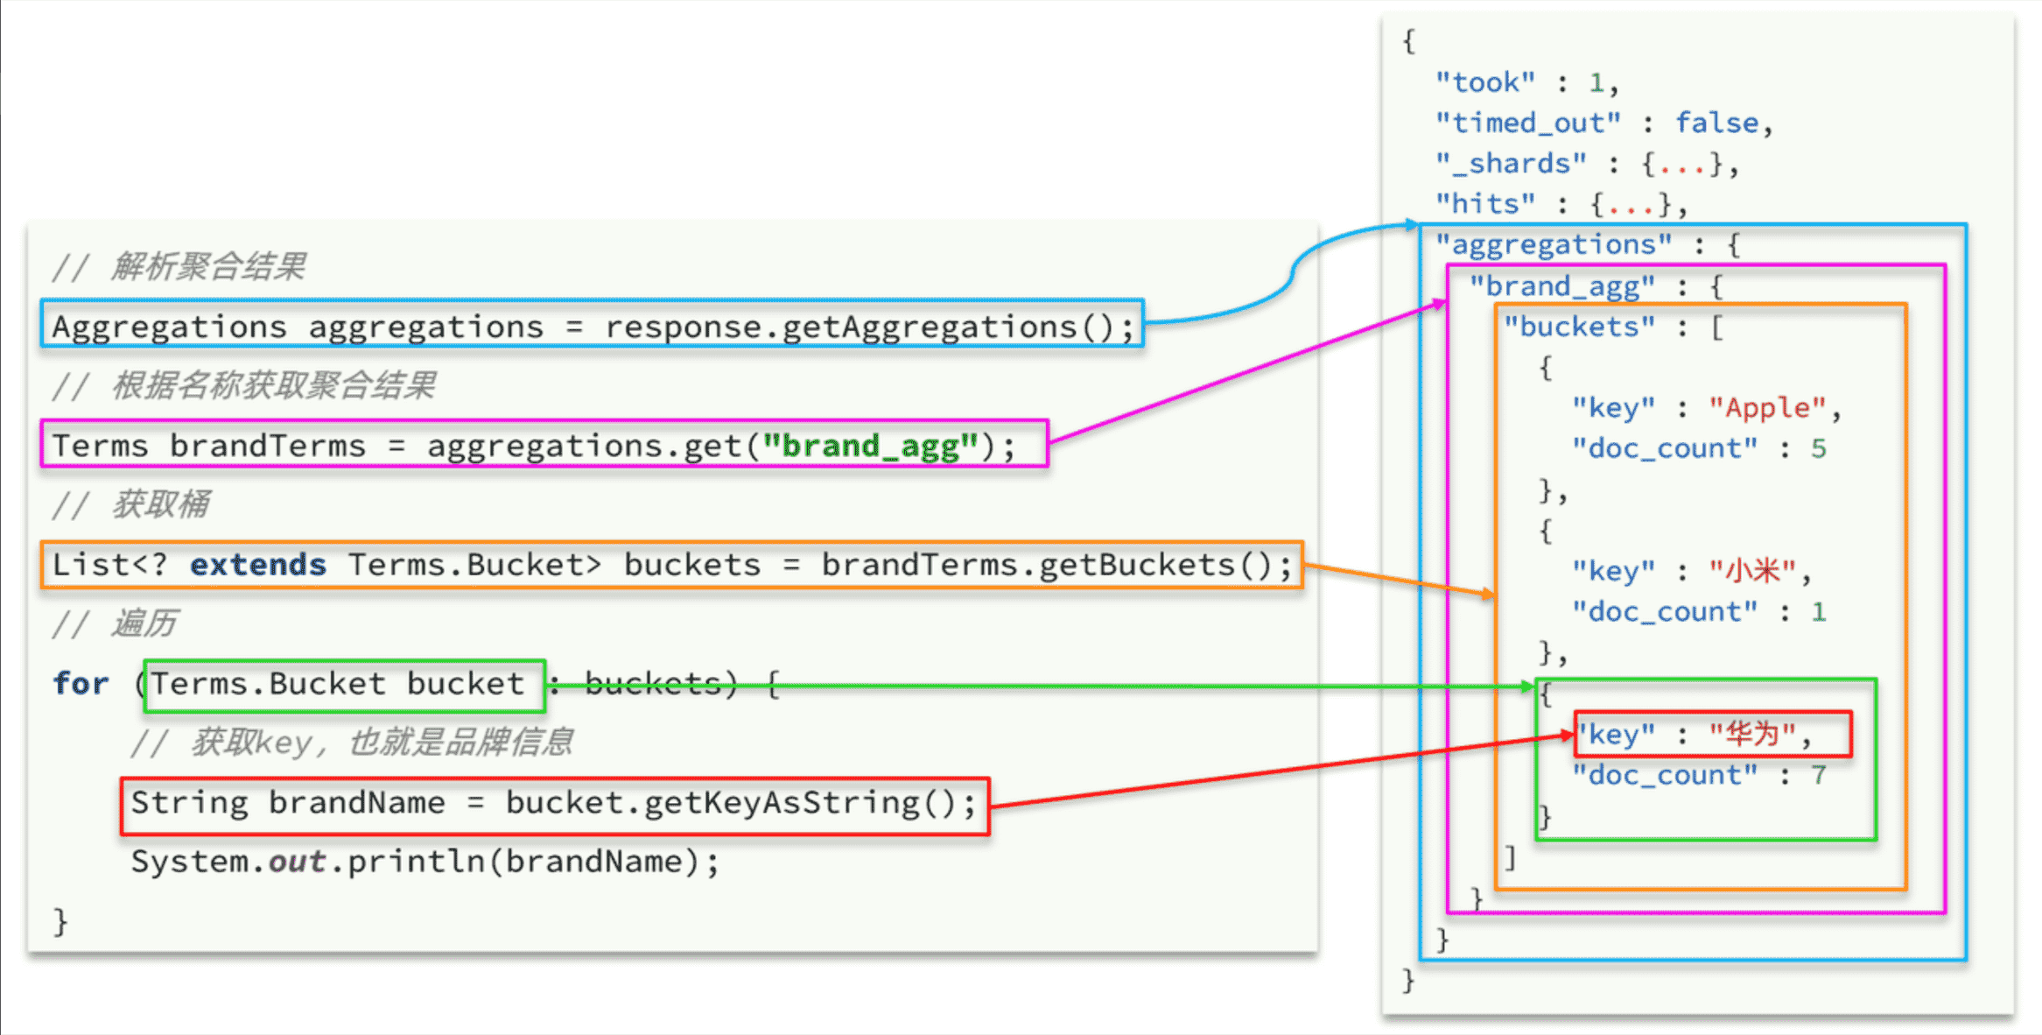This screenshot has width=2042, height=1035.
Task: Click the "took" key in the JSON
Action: pyautogui.click(x=1484, y=82)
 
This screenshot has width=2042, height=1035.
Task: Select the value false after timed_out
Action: pyautogui.click(x=1716, y=123)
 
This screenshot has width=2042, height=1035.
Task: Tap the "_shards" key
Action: pyautogui.click(x=1510, y=164)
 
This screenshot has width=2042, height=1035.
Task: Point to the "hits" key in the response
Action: pyautogui.click(x=1484, y=204)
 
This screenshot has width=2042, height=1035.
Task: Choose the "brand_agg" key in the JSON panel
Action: pyautogui.click(x=1561, y=286)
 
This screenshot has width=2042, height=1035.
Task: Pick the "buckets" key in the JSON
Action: pyautogui.click(x=1579, y=327)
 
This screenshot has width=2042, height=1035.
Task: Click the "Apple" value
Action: pyautogui.click(x=1767, y=408)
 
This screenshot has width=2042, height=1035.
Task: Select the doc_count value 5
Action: pyautogui.click(x=1818, y=448)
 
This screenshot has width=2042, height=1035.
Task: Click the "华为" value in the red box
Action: pyautogui.click(x=1752, y=734)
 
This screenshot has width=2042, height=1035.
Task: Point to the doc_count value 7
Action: pyautogui.click(x=1818, y=775)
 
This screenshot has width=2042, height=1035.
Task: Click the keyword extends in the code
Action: pyautogui.click(x=258, y=565)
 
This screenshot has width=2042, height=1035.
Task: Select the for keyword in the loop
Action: pyautogui.click(x=81, y=684)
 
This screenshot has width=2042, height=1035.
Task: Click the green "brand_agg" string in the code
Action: pyautogui.click(x=869, y=446)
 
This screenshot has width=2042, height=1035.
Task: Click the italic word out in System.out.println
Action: pyautogui.click(x=297, y=862)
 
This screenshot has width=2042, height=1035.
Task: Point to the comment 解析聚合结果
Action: pyautogui.click(x=208, y=266)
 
